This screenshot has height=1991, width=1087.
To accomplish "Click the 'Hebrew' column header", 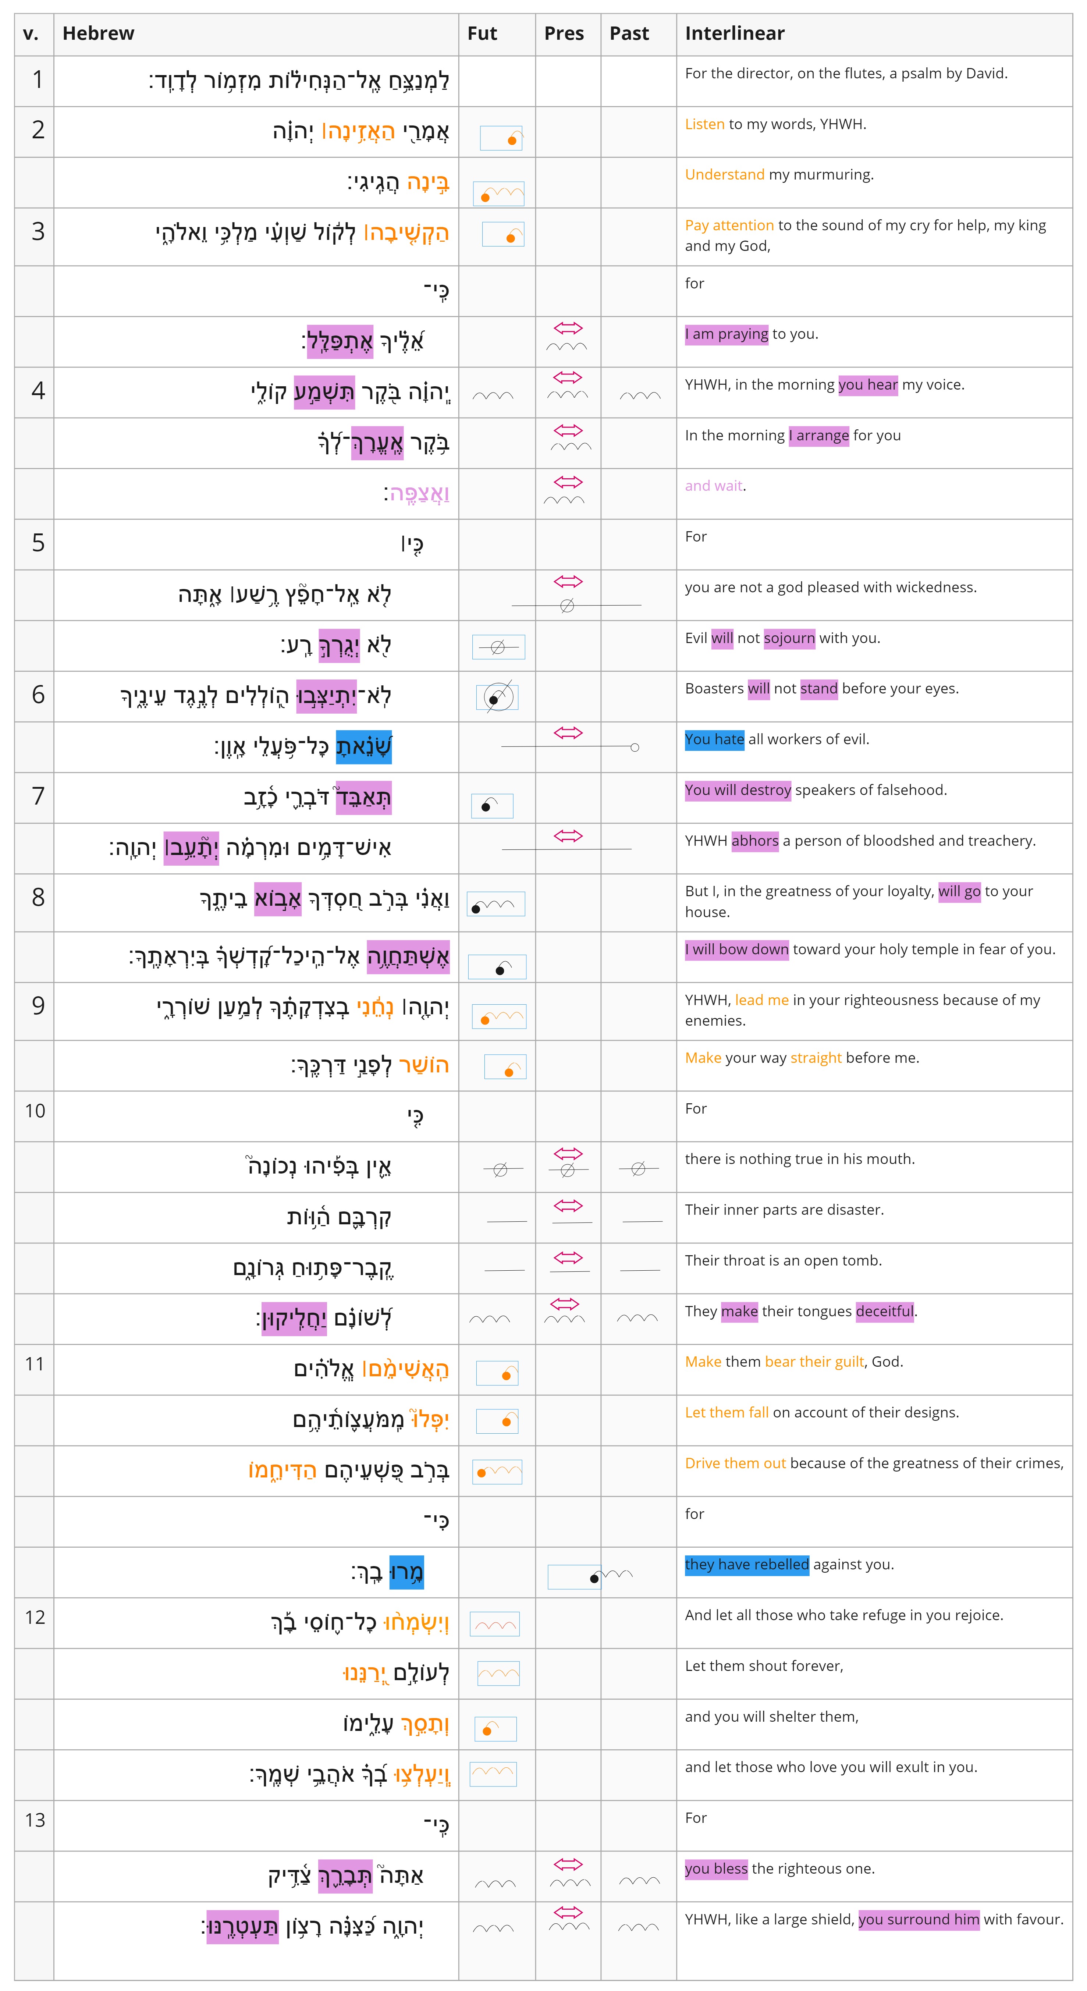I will click(98, 33).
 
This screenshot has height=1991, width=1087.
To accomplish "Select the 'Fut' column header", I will click(482, 33).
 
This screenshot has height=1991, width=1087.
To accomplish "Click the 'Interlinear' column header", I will click(734, 33).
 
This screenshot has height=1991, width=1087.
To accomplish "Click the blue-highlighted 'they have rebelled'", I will click(746, 1564).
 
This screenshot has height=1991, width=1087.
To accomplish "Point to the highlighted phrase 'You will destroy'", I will click(738, 790).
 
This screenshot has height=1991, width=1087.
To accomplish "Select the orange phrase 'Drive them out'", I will click(735, 1463).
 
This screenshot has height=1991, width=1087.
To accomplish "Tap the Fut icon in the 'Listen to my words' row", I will click(501, 138).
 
